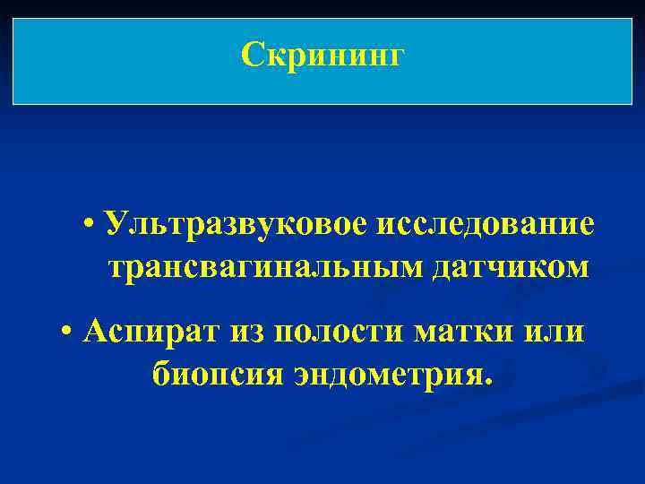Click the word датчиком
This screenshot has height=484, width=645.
[x=512, y=266]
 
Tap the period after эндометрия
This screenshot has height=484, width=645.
[x=488, y=380]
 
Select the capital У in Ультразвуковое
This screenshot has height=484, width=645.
[x=115, y=223]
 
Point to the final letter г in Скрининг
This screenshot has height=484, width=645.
[x=397, y=59]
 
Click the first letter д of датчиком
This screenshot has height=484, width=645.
[x=447, y=268]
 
